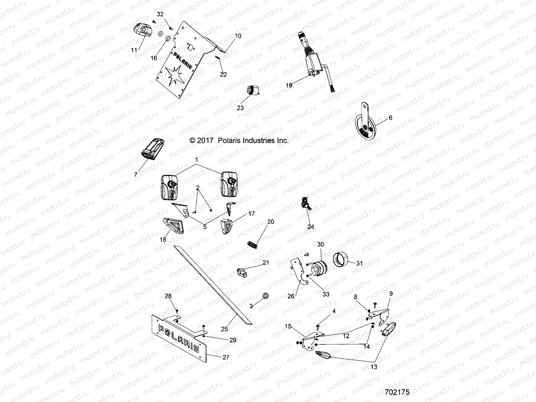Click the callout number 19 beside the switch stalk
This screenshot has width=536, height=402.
pyautogui.click(x=289, y=85)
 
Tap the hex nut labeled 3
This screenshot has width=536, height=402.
pyautogui.click(x=265, y=296)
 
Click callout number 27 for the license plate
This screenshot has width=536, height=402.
pyautogui.click(x=226, y=357)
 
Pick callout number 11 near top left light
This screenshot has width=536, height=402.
pyautogui.click(x=134, y=50)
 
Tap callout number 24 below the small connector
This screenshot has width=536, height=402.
pyautogui.click(x=311, y=227)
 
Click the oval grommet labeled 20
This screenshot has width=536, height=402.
pyautogui.click(x=254, y=244)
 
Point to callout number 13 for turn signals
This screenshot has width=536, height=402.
pyautogui.click(x=374, y=367)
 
